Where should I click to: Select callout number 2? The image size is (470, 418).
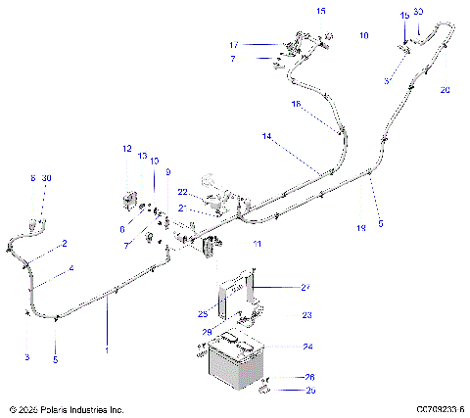click(65, 243)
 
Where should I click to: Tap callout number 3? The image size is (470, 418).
click(27, 356)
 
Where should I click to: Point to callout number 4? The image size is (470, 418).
click(70, 267)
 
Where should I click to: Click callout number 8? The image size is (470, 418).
click(32, 178)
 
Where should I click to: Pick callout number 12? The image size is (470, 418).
click(126, 149)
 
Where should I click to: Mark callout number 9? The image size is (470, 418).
click(167, 172)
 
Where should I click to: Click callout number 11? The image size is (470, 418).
click(257, 243)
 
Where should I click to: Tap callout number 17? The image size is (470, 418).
click(234, 45)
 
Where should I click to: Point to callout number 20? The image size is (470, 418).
click(445, 89)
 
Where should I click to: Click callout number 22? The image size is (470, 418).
click(182, 191)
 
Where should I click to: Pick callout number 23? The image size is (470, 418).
click(306, 315)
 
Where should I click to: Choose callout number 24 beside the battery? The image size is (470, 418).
click(306, 346)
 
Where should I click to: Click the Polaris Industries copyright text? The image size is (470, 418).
click(65, 409)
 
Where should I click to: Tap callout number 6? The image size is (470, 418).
click(122, 228)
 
